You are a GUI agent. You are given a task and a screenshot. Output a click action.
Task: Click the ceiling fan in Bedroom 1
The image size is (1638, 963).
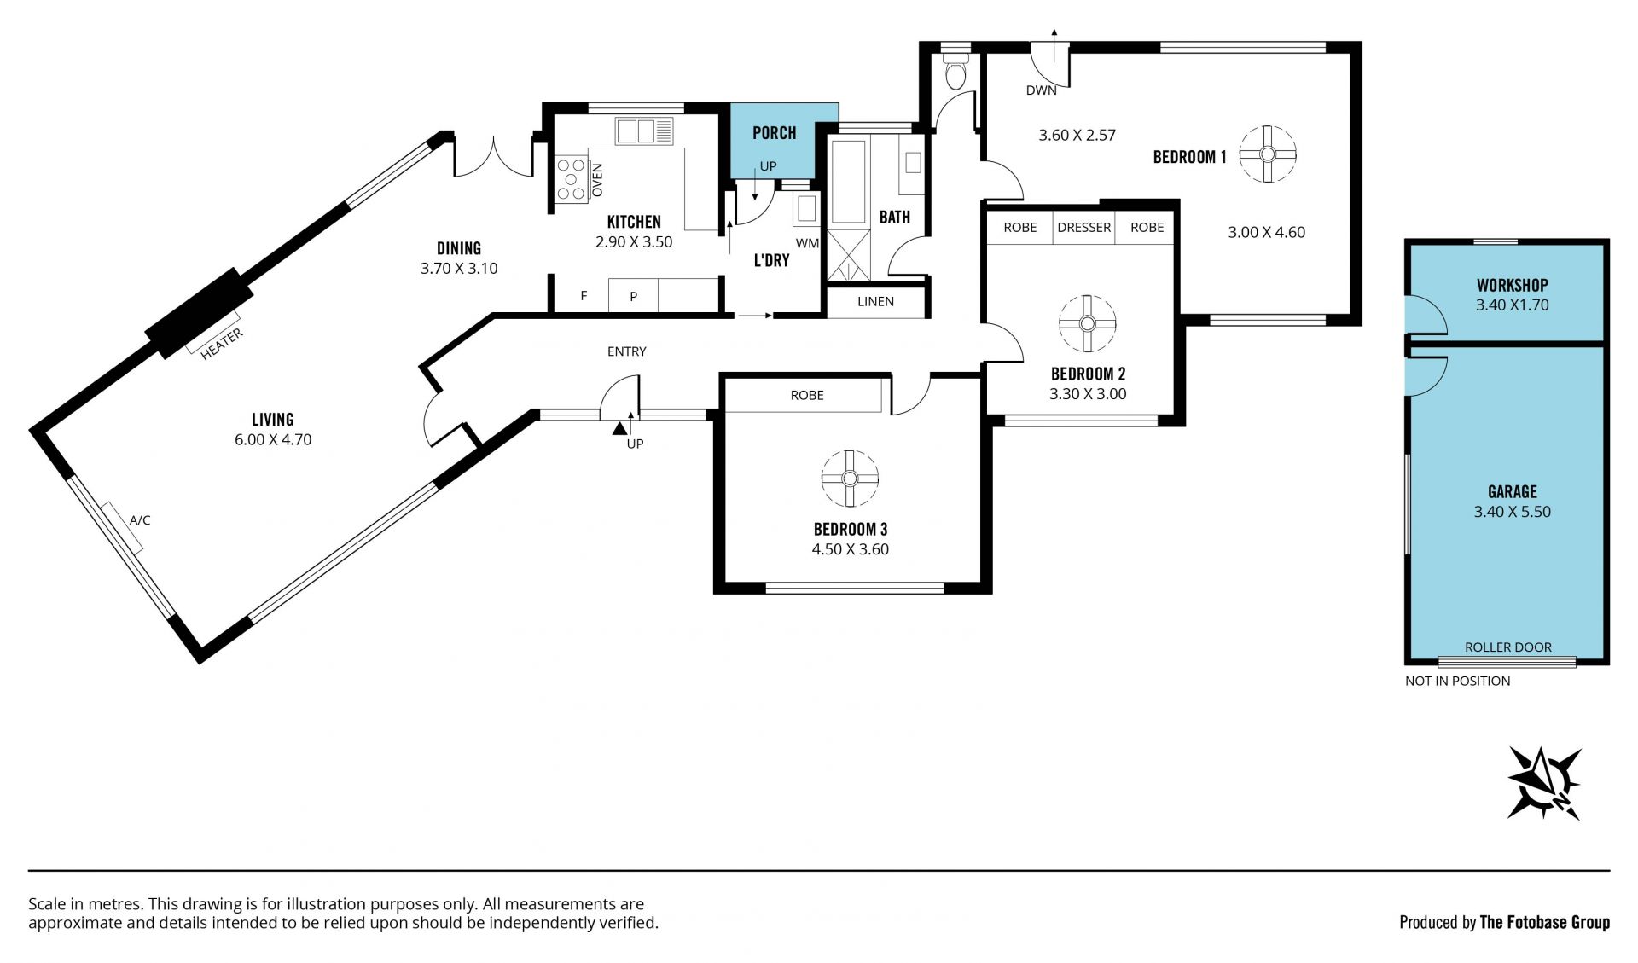coord(1267,154)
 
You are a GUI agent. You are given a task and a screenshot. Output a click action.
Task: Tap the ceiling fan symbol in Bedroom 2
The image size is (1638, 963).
coord(1087,324)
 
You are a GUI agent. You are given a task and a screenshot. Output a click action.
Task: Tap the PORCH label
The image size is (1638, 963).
coord(775,133)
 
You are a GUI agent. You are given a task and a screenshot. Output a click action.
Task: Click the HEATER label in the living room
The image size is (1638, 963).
coord(222,344)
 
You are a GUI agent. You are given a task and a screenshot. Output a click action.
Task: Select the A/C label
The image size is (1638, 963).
coord(140,519)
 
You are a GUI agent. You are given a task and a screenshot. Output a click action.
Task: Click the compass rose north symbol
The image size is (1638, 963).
coord(1545,783)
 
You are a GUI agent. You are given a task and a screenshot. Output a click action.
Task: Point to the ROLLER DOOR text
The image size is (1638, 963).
coord(1508,647)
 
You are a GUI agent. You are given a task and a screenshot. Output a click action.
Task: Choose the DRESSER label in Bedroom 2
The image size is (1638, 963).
coord(1083,227)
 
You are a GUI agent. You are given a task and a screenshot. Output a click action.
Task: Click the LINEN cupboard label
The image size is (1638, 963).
coord(876,301)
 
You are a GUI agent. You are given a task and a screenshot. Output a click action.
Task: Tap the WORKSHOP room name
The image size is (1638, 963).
coord(1513,286)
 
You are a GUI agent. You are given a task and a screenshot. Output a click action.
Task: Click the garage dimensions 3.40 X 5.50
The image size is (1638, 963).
coord(1513,512)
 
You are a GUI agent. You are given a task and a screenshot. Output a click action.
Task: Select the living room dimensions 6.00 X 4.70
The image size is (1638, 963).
coord(273,440)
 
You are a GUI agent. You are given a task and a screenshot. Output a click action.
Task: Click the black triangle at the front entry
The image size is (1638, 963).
coord(619,426)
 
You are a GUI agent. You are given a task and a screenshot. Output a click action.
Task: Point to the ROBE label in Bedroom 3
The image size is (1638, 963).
coord(807,395)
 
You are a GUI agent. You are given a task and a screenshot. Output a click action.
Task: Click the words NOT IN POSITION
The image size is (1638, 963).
coord(1458,681)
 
